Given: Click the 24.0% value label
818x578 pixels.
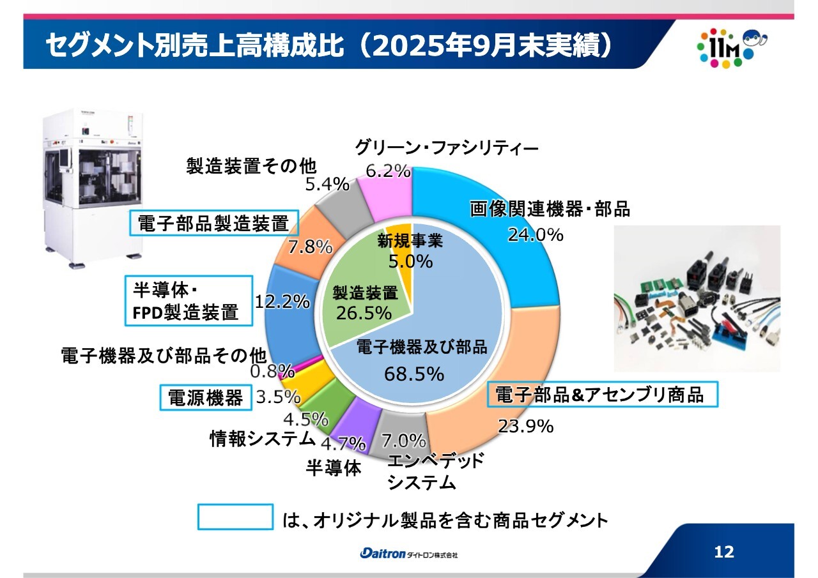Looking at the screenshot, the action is [x=536, y=234].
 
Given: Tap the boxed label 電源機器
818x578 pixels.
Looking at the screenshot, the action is [x=206, y=397].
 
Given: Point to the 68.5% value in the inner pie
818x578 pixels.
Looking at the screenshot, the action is [x=413, y=374].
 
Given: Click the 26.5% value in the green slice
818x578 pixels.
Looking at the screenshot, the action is [x=364, y=313].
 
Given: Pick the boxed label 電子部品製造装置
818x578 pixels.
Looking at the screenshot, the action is [x=214, y=223].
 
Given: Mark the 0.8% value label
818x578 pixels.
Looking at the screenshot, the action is [x=272, y=372].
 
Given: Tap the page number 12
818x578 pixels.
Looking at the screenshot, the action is [x=724, y=551].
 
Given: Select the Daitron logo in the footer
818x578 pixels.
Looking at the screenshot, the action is [x=408, y=554].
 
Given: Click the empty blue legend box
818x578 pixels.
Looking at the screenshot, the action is [x=236, y=517].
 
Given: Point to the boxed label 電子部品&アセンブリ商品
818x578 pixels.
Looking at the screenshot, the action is [x=603, y=394].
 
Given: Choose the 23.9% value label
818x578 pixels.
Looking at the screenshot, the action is [x=526, y=426].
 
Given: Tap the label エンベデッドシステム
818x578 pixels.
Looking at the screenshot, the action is [x=435, y=471].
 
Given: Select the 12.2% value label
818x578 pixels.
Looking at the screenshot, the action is [x=282, y=301].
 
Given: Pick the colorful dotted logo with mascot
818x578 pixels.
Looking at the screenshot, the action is [x=732, y=48].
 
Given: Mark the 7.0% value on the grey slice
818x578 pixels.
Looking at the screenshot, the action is [x=403, y=441].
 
